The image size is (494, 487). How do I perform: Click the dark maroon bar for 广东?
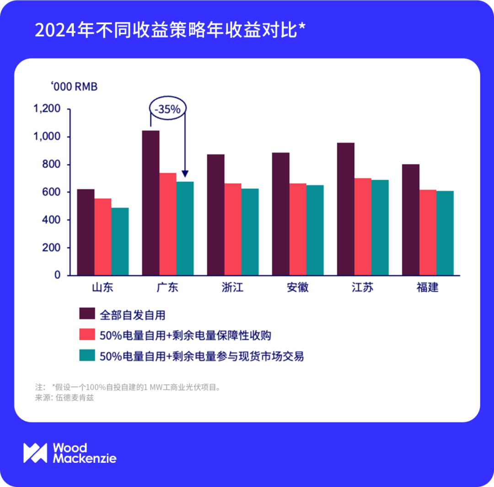[x=151, y=203]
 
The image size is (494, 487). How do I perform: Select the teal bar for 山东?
[x=120, y=241]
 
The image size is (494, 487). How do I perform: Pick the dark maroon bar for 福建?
[x=411, y=220]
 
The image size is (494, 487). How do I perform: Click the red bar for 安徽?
[x=298, y=230]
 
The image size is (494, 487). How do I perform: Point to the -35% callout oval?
[x=168, y=109]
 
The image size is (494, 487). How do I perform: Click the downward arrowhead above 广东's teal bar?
[x=185, y=174]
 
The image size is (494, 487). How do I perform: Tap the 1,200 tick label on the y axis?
[x=47, y=109]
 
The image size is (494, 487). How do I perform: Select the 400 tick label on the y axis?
[x=51, y=220]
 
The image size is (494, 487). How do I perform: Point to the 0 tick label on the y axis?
[x=57, y=275]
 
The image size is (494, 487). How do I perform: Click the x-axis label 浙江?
[x=232, y=288]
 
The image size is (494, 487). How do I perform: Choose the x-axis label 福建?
[x=427, y=288]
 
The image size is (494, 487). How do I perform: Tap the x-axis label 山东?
[x=102, y=288]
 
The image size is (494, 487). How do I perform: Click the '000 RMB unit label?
[x=74, y=86]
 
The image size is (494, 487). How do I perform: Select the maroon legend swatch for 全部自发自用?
[x=86, y=314]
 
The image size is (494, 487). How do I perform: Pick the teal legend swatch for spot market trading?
[x=86, y=356]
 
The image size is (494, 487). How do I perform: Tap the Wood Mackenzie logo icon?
[x=35, y=453]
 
